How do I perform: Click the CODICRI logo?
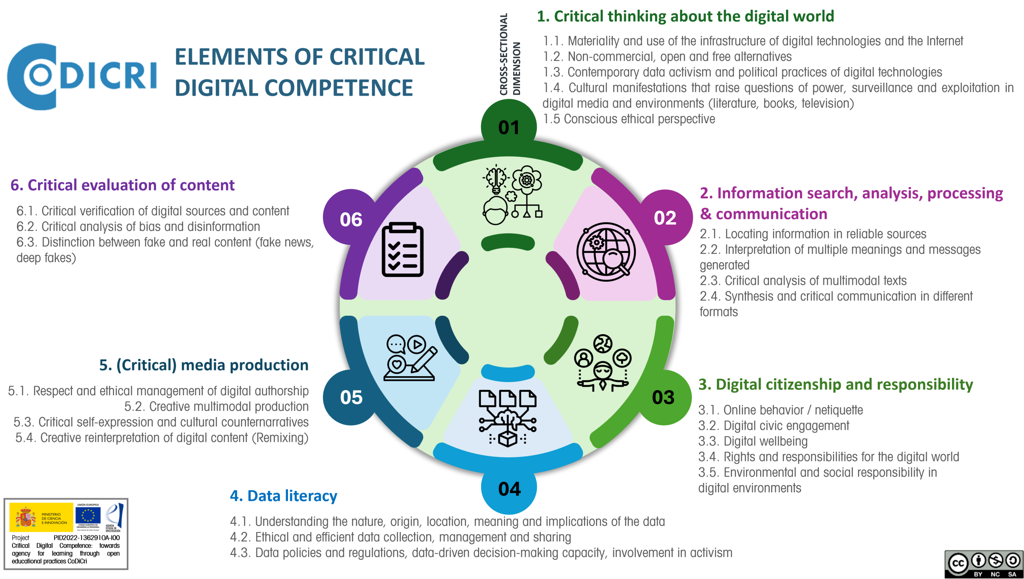[82, 76]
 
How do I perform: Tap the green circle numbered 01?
[508, 127]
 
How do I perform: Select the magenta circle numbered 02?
[665, 218]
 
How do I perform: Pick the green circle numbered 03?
[663, 397]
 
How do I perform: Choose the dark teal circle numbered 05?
[351, 397]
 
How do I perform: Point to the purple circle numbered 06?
[351, 219]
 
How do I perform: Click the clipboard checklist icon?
[402, 250]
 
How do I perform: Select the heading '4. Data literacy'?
[283, 496]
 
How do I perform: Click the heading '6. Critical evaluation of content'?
[122, 185]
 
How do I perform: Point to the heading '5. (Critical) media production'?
[204, 365]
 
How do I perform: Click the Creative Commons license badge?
[983, 564]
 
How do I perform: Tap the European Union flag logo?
[88, 517]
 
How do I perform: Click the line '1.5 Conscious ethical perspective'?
[629, 119]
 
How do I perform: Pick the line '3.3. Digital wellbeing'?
[753, 441]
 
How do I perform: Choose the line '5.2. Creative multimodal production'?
[216, 407]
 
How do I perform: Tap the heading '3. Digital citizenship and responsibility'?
[836, 385]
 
